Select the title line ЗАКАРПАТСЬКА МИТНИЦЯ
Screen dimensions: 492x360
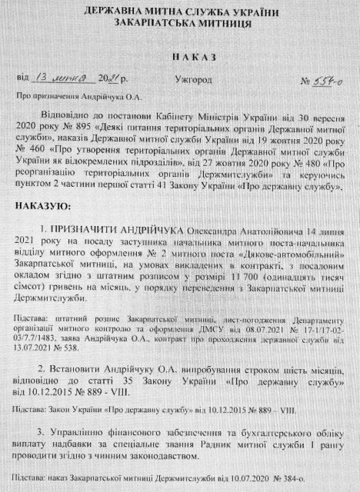click(178, 25)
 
